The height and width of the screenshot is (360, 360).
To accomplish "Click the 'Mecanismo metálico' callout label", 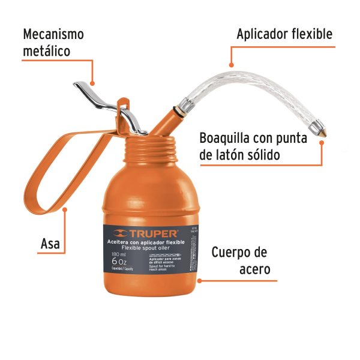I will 53,42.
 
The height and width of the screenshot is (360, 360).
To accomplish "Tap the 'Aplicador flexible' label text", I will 284,34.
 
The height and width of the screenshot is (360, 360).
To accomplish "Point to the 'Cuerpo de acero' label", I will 239,260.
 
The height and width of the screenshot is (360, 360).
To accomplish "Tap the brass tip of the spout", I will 323,128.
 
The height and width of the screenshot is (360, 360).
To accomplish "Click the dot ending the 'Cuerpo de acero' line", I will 200,280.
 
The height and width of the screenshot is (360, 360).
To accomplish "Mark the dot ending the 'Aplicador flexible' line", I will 231,64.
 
